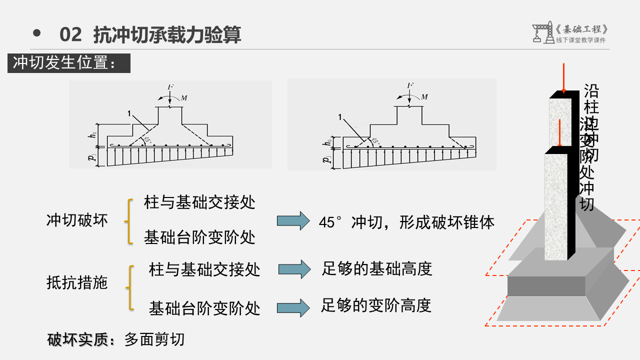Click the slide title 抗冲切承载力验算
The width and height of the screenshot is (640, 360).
click(x=167, y=35)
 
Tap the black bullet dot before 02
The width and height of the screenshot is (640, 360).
click(x=36, y=33)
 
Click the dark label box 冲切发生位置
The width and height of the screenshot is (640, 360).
click(x=68, y=63)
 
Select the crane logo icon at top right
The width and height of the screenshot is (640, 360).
click(x=541, y=32)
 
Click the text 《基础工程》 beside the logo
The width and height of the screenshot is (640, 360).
click(x=582, y=29)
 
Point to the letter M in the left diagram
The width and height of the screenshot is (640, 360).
click(x=184, y=98)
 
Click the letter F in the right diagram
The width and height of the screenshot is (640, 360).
click(x=410, y=85)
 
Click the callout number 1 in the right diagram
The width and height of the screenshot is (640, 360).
click(x=340, y=117)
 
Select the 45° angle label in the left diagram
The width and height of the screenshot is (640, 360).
click(x=147, y=139)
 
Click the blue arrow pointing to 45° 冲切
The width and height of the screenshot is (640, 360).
click(x=293, y=220)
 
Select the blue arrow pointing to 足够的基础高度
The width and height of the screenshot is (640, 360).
click(x=294, y=269)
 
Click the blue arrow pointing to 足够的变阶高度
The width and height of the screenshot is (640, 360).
click(x=294, y=307)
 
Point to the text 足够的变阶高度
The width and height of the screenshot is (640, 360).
click(x=376, y=305)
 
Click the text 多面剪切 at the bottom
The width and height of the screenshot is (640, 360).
click(x=154, y=339)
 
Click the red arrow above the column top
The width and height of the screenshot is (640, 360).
click(x=563, y=78)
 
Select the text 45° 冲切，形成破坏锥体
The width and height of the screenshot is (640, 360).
click(x=406, y=222)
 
